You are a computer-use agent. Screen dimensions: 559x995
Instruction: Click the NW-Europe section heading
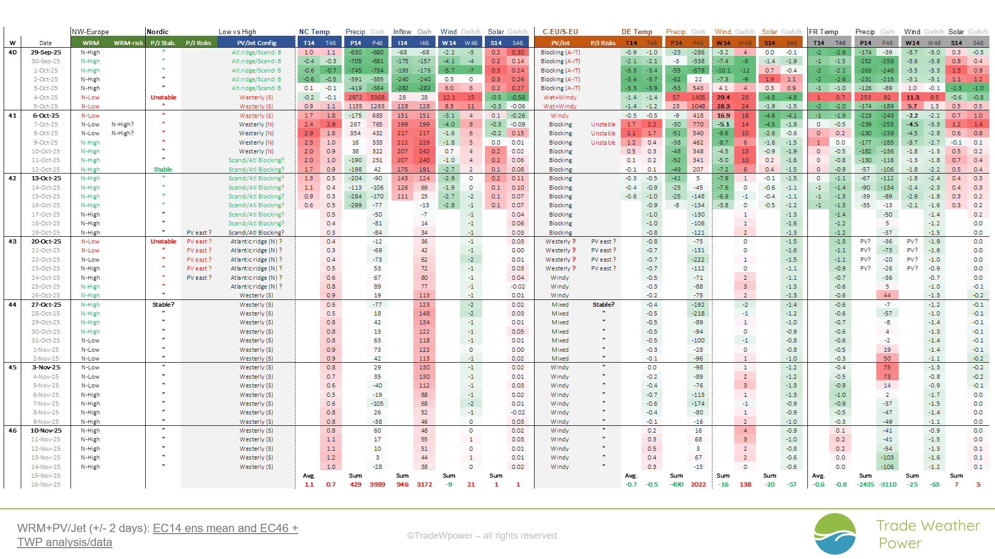click(90, 32)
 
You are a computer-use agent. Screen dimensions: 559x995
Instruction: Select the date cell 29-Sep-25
click(46, 52)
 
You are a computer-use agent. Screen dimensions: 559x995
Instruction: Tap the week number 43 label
click(12, 241)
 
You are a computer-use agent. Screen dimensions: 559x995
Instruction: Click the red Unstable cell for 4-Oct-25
click(163, 97)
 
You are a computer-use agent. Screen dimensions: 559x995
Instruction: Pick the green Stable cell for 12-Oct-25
click(163, 169)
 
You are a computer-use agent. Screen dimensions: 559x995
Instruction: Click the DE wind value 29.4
click(723, 97)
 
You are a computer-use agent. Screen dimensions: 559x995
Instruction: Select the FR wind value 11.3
click(913, 97)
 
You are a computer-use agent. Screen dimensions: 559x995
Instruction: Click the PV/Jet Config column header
click(257, 43)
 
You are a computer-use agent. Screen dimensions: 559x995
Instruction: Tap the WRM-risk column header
click(128, 43)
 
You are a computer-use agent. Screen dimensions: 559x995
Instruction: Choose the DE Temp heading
click(637, 32)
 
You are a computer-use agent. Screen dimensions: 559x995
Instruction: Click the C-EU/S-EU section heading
click(560, 32)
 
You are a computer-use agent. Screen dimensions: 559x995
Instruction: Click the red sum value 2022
click(698, 484)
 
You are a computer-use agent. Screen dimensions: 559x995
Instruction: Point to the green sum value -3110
click(888, 484)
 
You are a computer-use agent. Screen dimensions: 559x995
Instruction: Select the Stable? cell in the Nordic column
click(163, 305)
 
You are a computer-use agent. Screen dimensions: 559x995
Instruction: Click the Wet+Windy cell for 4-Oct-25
click(559, 97)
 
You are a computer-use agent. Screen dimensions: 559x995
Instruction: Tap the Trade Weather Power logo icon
click(835, 534)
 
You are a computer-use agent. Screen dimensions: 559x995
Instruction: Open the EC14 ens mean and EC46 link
click(225, 528)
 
